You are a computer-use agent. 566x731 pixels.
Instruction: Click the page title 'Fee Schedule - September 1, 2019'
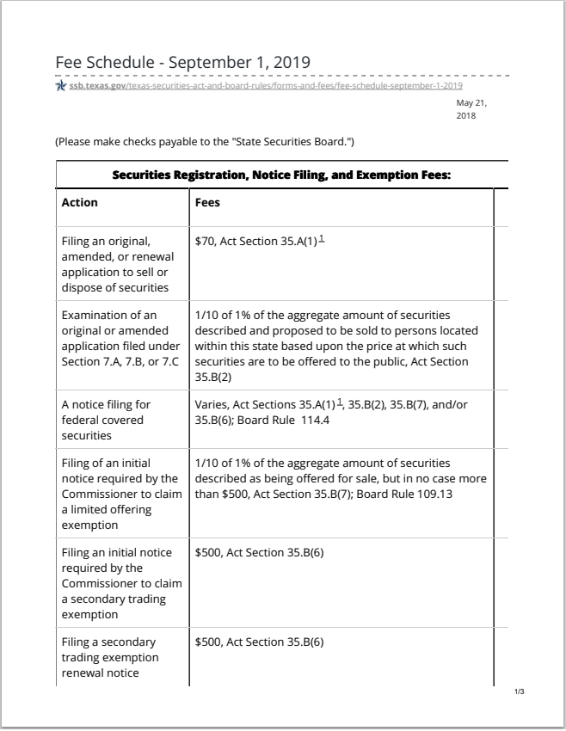tap(182, 63)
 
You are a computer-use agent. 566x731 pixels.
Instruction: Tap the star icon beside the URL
tap(60, 86)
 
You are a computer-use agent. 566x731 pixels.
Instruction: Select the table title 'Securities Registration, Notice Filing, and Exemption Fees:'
tap(282, 175)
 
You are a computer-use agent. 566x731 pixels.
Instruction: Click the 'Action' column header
tap(80, 203)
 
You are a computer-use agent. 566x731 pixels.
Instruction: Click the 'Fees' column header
tap(207, 203)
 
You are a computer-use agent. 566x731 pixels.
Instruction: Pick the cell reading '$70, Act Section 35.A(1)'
tap(256, 243)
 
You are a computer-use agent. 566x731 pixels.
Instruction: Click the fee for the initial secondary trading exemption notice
tap(259, 552)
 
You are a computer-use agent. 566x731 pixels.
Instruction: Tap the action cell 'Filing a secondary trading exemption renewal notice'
tap(110, 658)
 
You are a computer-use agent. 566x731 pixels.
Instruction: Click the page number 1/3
tap(519, 691)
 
